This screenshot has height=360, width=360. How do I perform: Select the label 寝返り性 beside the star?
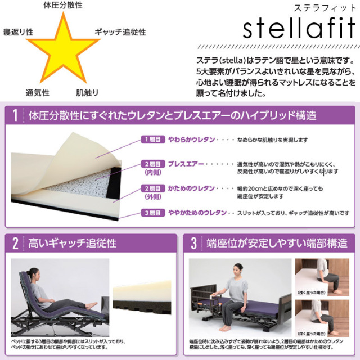click(19, 31)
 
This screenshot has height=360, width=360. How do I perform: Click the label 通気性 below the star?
click(37, 92)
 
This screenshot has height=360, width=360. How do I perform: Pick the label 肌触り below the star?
click(88, 92)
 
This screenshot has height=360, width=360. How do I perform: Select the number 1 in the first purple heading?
click(15, 116)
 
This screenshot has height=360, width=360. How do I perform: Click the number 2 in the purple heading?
click(15, 244)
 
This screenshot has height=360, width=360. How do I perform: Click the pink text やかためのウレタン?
click(196, 213)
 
